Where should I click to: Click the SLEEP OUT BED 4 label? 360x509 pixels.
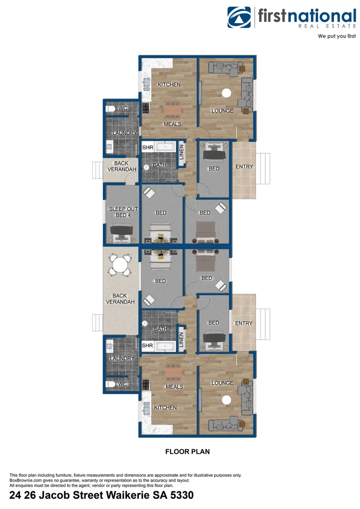tap(123, 212)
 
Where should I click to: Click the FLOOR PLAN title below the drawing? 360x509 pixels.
tap(187, 452)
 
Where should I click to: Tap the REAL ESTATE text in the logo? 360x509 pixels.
tap(327, 27)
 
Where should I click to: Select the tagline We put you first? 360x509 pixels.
tap(337, 36)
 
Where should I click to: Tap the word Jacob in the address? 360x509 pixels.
tap(52, 495)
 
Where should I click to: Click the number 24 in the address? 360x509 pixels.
tap(16, 495)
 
